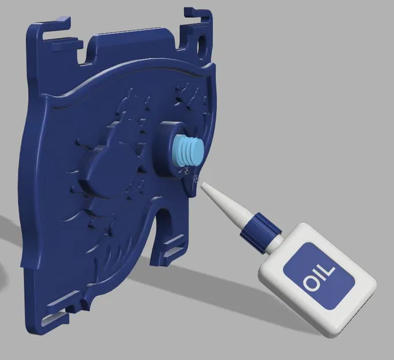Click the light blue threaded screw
(189, 150)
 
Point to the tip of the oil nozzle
(202, 185)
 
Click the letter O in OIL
(312, 283)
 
